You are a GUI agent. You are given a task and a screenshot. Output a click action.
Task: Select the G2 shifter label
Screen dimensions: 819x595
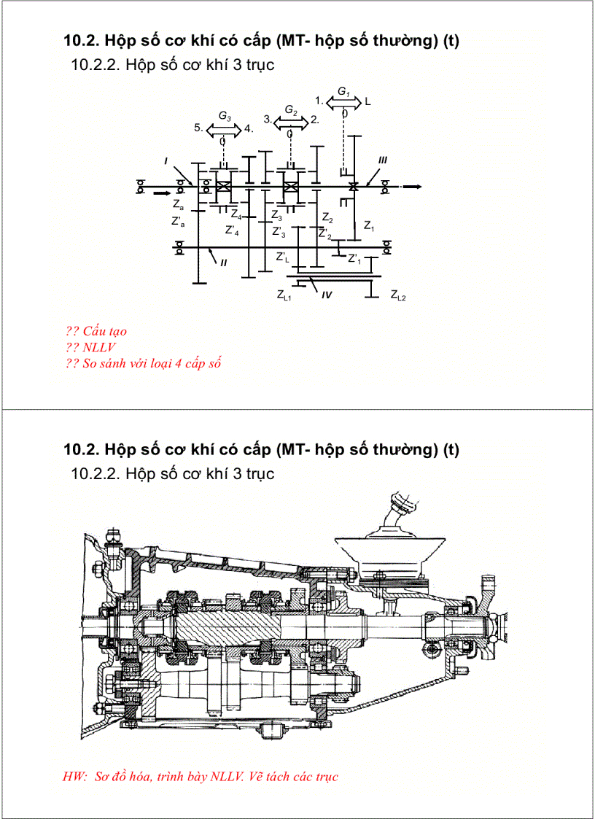(291, 110)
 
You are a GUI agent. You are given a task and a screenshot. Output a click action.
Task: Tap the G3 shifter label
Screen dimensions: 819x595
(225, 117)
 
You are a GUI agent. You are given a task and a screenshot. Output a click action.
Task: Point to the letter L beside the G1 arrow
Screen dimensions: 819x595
(367, 101)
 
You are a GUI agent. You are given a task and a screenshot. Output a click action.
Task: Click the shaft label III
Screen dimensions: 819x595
(382, 159)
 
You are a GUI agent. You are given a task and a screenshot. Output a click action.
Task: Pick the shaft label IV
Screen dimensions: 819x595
(327, 295)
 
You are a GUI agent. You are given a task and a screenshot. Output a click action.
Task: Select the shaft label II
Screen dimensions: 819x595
(223, 263)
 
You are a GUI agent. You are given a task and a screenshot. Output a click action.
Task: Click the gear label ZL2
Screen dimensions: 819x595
(398, 295)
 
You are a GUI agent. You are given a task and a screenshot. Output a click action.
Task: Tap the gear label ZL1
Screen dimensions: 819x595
(284, 295)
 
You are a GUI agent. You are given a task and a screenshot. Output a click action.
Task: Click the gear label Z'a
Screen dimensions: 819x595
(178, 222)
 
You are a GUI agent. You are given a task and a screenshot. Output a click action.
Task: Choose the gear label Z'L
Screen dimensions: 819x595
(283, 257)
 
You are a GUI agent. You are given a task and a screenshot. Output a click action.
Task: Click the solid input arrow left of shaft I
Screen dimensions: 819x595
(160, 194)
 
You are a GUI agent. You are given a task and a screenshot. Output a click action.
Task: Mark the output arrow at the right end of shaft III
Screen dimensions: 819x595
(412, 187)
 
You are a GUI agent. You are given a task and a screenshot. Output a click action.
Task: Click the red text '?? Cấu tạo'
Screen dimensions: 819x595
(96, 331)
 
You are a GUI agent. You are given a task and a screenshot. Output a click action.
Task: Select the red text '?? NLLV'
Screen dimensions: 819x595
(90, 347)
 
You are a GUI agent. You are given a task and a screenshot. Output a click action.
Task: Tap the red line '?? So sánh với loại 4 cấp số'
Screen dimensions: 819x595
(143, 363)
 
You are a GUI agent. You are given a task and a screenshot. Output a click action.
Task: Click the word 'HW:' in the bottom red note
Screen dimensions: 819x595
(75, 777)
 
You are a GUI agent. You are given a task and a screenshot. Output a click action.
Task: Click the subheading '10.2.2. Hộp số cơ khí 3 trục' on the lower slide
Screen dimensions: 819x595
(172, 474)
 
